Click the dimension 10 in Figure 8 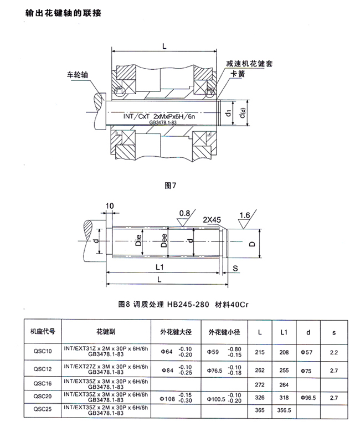pyautogui.click(x=109, y=206)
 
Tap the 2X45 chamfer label pyautogui.click(x=212, y=220)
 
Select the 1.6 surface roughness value pyautogui.click(x=246, y=214)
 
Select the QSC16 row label pyautogui.click(x=43, y=382)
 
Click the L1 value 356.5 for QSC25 pyautogui.click(x=284, y=410)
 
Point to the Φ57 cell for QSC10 pyautogui.click(x=308, y=351)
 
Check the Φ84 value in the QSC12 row pyautogui.click(x=167, y=369)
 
